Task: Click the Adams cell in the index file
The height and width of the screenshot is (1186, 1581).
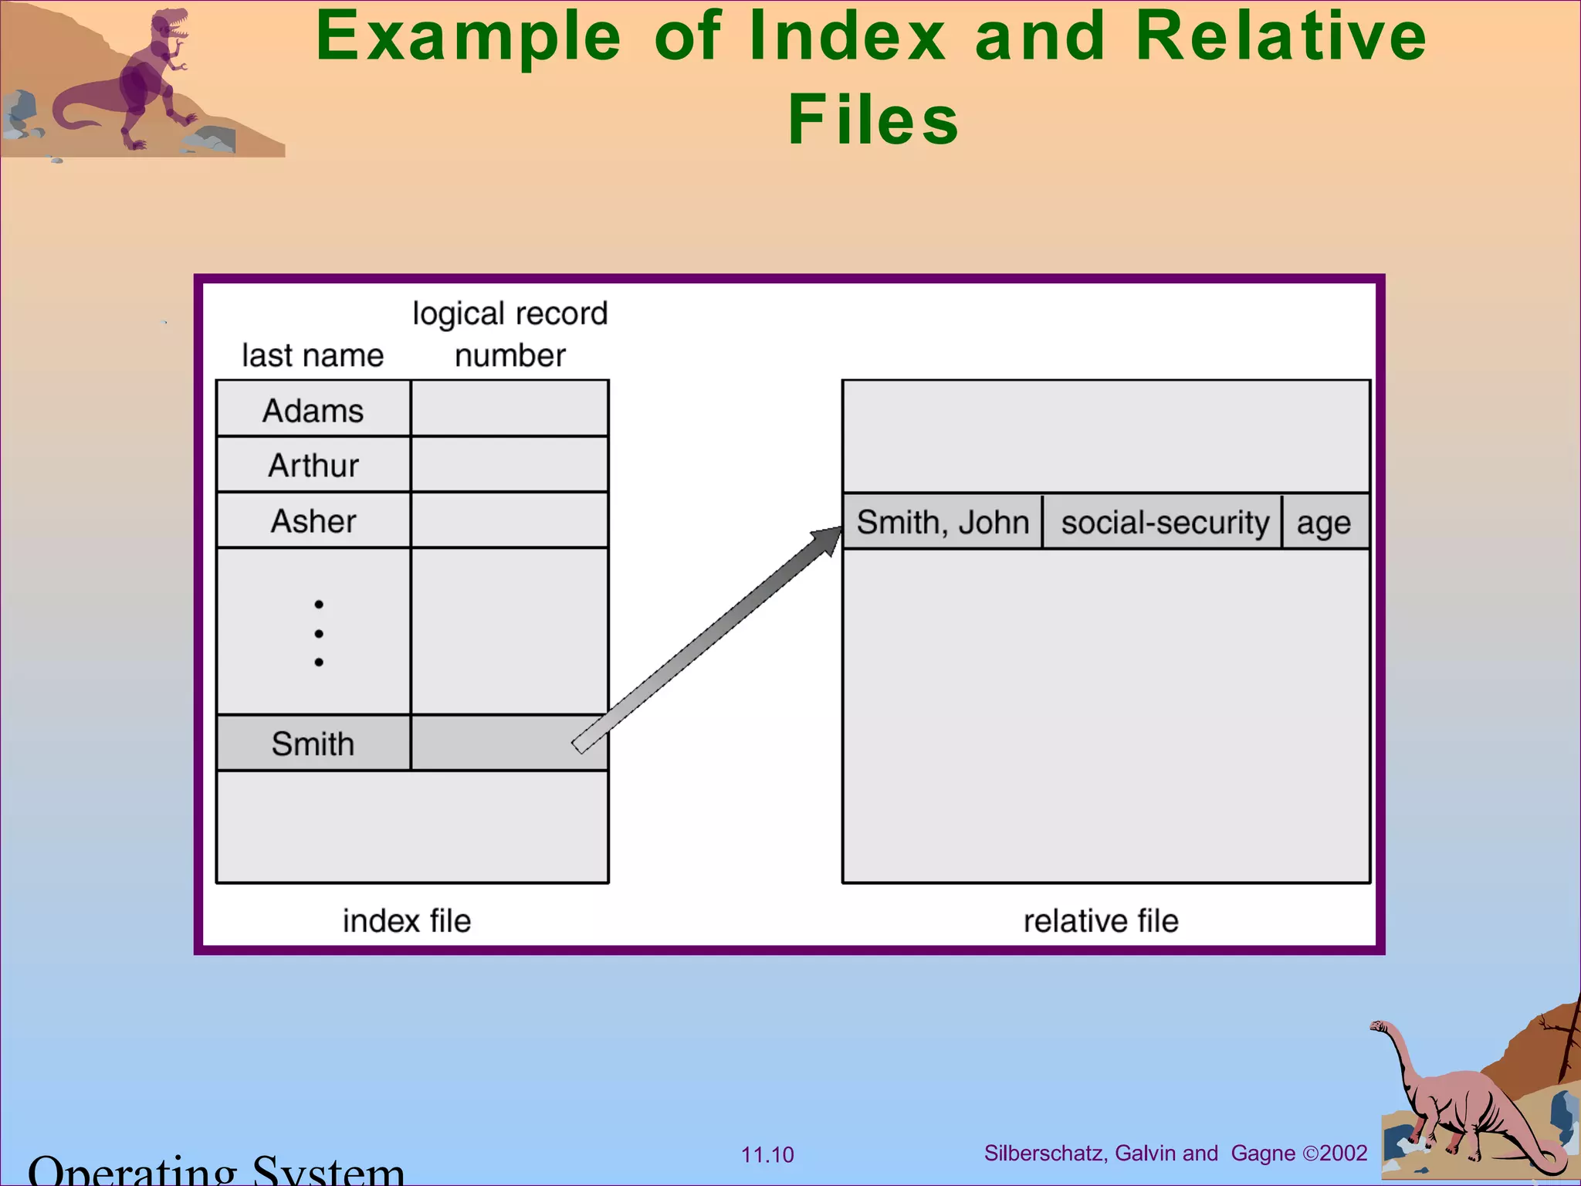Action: click(313, 409)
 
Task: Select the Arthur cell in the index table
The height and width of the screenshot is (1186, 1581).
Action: click(313, 465)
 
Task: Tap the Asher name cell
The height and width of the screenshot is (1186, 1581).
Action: click(313, 521)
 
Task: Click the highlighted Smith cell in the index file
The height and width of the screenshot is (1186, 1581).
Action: click(313, 744)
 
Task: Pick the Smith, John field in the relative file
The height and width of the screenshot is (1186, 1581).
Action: click(943, 523)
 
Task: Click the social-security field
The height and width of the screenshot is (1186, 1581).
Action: click(1164, 523)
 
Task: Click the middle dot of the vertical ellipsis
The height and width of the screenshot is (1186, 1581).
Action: click(319, 633)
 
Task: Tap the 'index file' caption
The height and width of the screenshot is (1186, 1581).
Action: click(406, 921)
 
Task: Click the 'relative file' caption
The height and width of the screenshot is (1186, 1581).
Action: click(1101, 921)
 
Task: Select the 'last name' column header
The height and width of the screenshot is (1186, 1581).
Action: click(313, 356)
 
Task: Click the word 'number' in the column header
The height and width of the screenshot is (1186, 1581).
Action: click(510, 356)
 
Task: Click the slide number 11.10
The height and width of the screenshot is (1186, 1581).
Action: click(767, 1155)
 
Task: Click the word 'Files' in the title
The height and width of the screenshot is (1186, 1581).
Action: click(873, 120)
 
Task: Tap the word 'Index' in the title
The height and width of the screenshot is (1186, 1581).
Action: click(848, 36)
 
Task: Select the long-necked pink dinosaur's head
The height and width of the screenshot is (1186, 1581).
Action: click(1379, 1027)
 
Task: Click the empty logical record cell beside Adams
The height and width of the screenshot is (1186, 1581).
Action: click(510, 408)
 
